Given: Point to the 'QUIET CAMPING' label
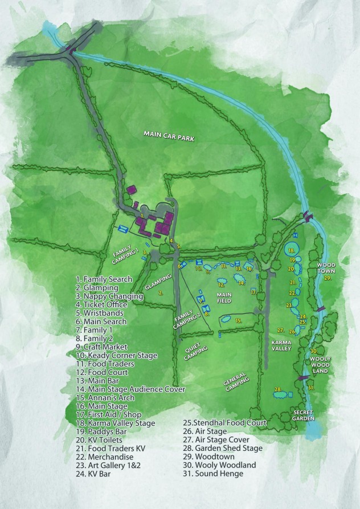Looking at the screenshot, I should tap(195, 350).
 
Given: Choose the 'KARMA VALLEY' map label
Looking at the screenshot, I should tap(281, 346).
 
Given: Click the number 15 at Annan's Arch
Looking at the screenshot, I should tap(239, 321).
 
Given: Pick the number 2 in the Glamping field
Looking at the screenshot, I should tap(161, 293).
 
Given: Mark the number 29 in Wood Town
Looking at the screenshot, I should tap(328, 279).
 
